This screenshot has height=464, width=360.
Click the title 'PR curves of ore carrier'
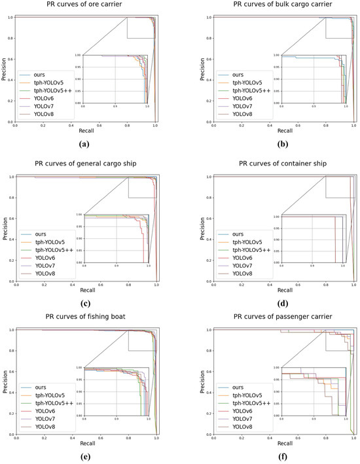click(x=84, y=5)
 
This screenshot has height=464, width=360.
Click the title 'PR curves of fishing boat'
click(x=84, y=318)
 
